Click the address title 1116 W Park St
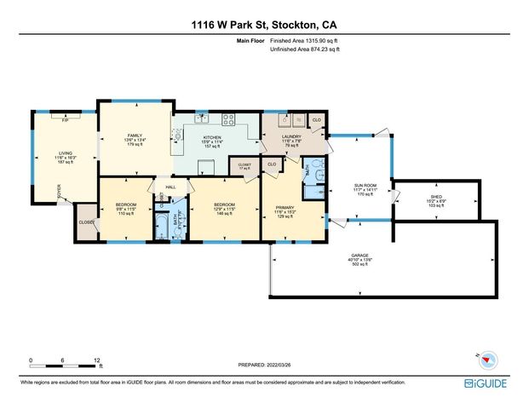[x=264, y=25]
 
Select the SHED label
[x=436, y=197]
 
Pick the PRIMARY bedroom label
[x=284, y=208]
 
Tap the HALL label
[x=170, y=187]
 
